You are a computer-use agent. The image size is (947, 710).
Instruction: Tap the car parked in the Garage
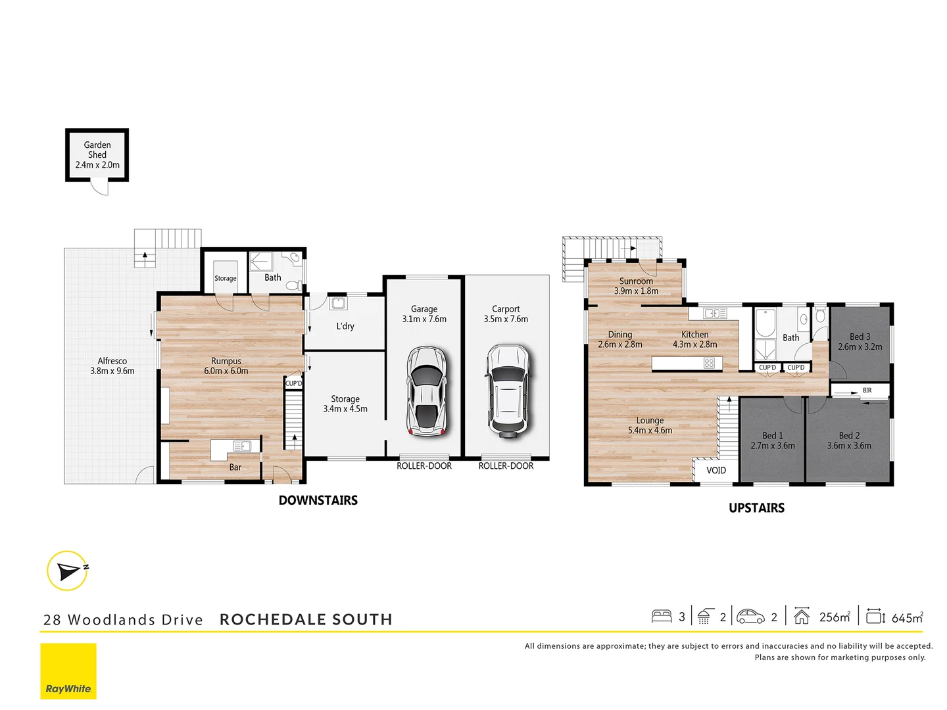coord(426,391)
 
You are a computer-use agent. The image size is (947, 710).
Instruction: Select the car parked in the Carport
coord(507,391)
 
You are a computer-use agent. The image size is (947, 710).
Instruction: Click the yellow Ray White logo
coord(68,671)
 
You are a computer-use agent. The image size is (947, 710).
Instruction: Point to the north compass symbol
coord(68,571)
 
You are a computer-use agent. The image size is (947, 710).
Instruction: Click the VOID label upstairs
coord(716,470)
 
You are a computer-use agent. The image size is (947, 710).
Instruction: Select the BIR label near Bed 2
coord(867,390)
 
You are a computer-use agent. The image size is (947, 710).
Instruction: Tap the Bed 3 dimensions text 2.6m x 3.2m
coord(860,346)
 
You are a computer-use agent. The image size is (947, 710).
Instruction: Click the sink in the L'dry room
coord(338,303)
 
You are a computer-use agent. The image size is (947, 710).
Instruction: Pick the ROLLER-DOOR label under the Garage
coord(424,466)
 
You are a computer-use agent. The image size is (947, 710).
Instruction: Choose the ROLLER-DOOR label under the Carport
coord(506,466)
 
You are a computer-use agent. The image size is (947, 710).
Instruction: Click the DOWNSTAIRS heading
coord(318,500)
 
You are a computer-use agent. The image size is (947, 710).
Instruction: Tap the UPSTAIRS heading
coord(756,508)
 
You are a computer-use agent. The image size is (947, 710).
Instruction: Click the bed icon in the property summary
coord(661,617)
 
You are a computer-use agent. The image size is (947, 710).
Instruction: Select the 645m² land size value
coord(907,617)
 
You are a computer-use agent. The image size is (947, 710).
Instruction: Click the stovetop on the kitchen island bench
coord(709,363)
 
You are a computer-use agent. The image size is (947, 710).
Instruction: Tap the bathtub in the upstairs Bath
coord(765,323)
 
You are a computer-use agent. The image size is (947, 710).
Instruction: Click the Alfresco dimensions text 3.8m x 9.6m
coord(112,371)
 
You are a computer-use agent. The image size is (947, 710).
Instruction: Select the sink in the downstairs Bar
coord(241,446)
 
